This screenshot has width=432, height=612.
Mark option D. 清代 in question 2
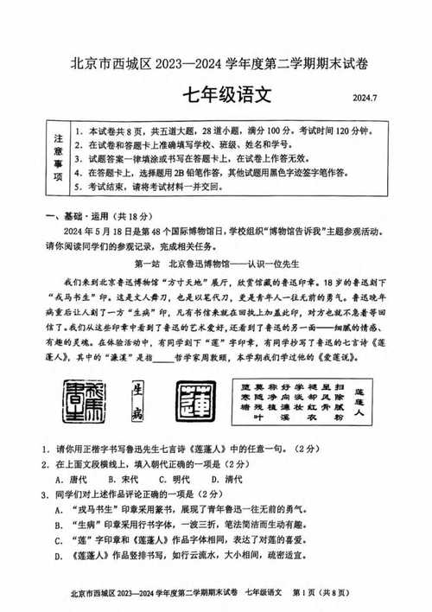point(226,480)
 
